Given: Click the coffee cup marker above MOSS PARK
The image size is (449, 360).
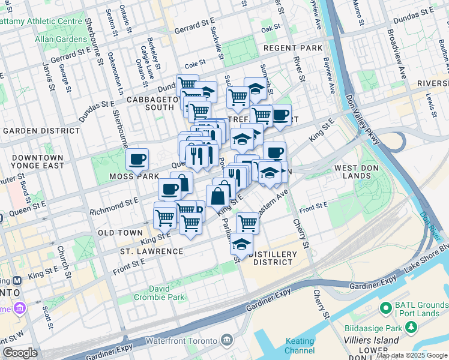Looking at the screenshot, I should (x=137, y=159).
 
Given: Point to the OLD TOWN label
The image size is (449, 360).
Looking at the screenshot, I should (x=120, y=233).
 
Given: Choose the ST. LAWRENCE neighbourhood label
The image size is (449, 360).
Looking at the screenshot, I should (x=151, y=251).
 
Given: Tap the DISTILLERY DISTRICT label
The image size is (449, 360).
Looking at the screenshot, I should (x=274, y=258).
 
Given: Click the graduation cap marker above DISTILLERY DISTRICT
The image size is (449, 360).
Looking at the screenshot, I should (x=242, y=244).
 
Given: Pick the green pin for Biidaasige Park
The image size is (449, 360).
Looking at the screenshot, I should (x=411, y=328).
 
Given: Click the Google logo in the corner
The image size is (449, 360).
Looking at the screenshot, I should (x=20, y=353).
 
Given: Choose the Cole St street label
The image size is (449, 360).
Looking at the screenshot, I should (x=195, y=62).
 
